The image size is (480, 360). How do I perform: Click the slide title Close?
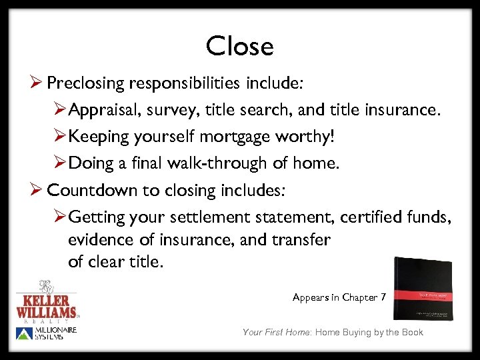pos(239,47)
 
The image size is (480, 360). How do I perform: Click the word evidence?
pos(100,240)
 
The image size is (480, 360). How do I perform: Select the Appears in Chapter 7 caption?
pos(339,297)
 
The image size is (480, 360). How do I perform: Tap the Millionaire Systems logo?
pos(47,334)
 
